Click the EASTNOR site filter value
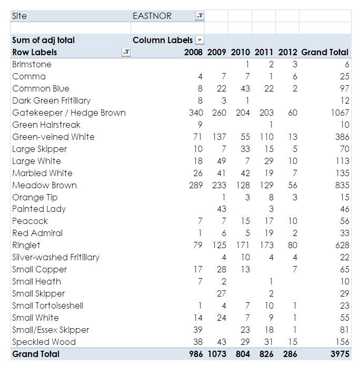(x=152, y=16)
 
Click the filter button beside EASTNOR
(x=199, y=16)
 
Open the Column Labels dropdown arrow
(x=199, y=40)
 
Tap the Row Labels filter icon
(x=126, y=52)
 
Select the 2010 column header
(x=241, y=52)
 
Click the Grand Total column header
(x=325, y=52)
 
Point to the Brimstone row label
(x=32, y=64)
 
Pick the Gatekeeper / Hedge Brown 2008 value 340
(x=196, y=113)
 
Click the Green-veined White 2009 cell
(x=219, y=137)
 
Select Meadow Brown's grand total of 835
(x=342, y=186)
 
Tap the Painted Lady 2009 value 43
(x=222, y=209)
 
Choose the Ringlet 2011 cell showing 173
(x=266, y=246)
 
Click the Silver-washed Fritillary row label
(x=56, y=257)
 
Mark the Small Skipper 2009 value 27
(x=222, y=293)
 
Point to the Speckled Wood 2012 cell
(x=293, y=342)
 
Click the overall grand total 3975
(x=340, y=354)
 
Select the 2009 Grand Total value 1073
(x=217, y=354)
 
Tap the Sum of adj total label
(x=43, y=40)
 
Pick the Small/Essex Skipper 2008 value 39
(x=198, y=330)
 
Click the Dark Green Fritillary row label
(x=51, y=100)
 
